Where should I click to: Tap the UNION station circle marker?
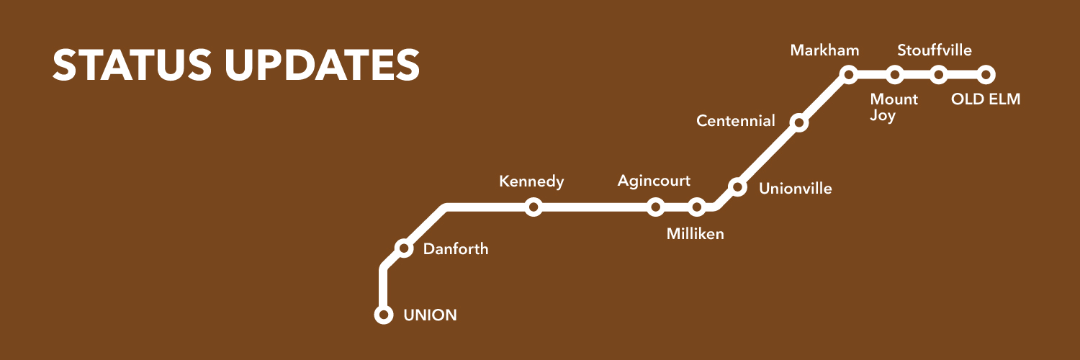pos(384,315)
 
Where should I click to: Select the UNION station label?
pos(430,315)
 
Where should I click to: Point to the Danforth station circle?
pos(405,248)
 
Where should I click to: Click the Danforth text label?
pos(455,249)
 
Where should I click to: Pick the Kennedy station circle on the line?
pos(533,207)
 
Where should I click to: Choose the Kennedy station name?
pos(531,181)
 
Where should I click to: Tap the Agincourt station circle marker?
pos(655,207)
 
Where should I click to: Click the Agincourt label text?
pos(654,181)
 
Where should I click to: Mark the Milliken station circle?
pos(696,207)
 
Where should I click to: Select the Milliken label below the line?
pos(695,234)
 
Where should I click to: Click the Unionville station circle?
pos(737,187)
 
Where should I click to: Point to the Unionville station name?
pos(796,189)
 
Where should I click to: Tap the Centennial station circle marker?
pos(798,123)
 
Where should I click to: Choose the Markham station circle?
pos(849,74)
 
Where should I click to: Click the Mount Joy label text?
pos(894,107)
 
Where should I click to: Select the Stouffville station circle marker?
pos(939,74)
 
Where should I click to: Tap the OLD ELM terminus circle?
pos(986,74)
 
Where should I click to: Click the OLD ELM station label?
pos(986,99)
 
